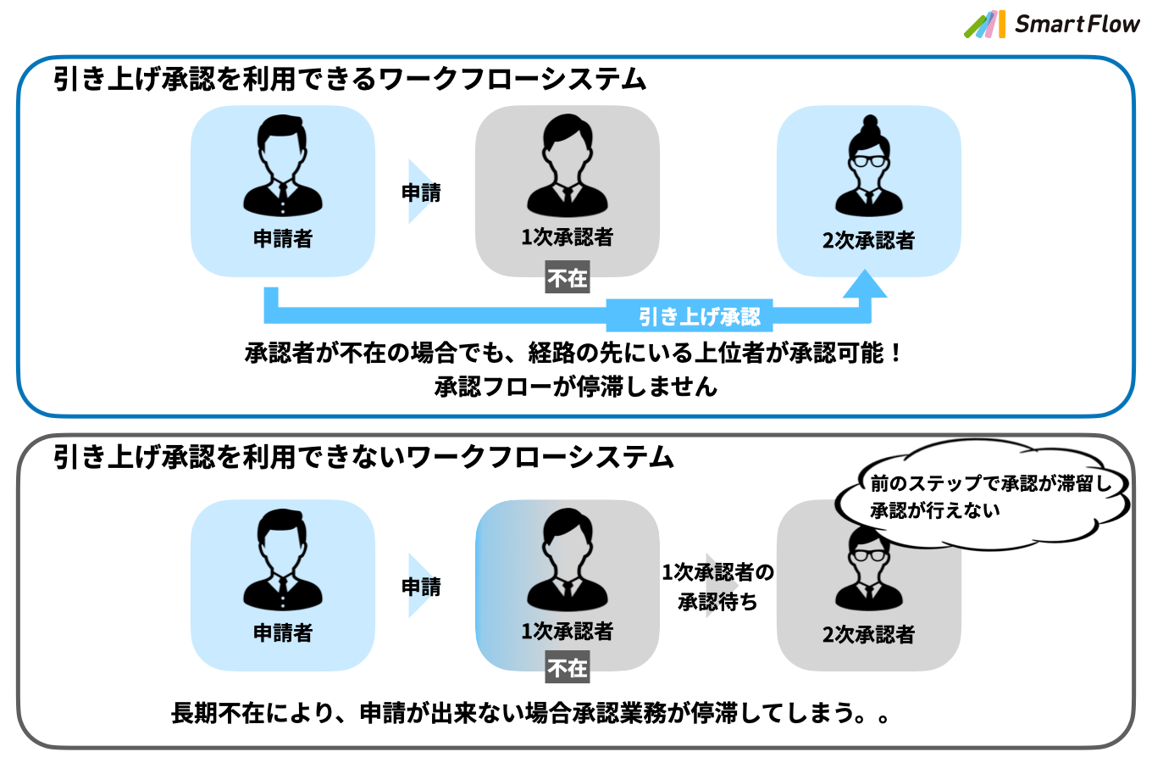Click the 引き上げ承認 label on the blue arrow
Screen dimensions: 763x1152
point(700,317)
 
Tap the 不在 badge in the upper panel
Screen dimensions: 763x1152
point(567,278)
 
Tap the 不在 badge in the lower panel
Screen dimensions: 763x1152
point(567,668)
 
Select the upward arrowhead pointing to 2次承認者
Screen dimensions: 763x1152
point(865,286)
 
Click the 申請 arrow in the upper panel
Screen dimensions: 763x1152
point(422,192)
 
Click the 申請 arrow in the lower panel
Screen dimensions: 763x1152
point(422,586)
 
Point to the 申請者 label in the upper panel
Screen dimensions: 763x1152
point(283,239)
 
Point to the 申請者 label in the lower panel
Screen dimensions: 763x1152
point(283,632)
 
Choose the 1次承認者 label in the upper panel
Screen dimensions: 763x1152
point(567,237)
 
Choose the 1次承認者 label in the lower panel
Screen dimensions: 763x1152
point(567,631)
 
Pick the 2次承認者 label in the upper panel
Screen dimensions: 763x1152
point(868,241)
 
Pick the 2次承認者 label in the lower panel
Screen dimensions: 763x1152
point(868,634)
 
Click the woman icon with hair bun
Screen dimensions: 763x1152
point(868,166)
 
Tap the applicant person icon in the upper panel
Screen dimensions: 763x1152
point(283,165)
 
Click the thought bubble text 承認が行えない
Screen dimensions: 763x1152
point(935,510)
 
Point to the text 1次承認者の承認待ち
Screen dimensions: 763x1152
point(717,587)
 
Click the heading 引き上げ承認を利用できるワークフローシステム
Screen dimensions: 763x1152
point(350,79)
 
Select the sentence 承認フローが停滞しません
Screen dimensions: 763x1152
point(576,387)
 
